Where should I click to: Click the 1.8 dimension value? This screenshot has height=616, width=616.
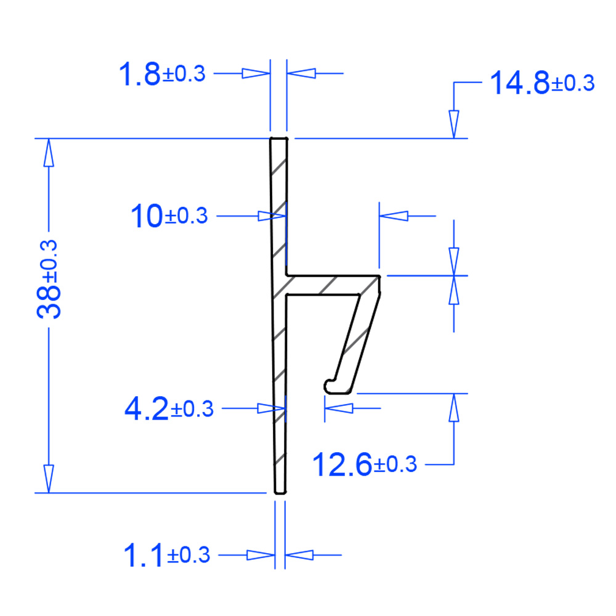click(x=139, y=73)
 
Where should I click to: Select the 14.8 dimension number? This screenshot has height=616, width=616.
click(x=520, y=83)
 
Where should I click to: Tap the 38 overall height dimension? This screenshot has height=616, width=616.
click(x=49, y=302)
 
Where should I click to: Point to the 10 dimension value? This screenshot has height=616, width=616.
click(x=147, y=216)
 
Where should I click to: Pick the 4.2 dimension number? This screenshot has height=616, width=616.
click(x=146, y=408)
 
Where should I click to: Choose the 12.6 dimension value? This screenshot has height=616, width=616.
click(x=342, y=464)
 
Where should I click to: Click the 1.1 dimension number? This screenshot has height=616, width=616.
click(x=143, y=555)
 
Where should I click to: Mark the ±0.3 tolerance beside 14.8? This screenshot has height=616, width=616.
click(x=573, y=83)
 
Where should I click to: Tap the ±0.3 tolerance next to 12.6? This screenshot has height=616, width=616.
click(x=395, y=464)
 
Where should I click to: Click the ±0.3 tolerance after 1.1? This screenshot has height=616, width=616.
click(x=188, y=555)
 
